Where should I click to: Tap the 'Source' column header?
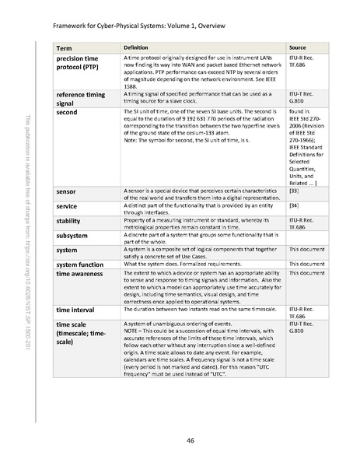[297, 48]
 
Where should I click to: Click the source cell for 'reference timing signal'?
[300, 97]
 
